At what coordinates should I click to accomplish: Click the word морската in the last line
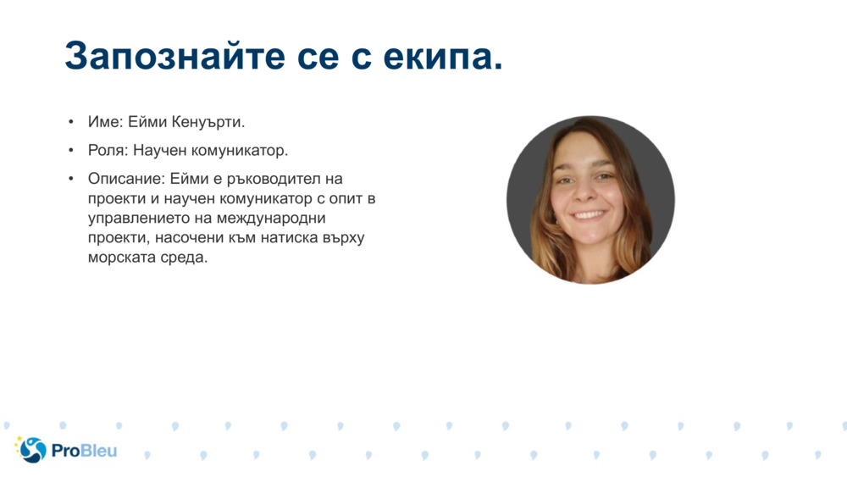(120, 257)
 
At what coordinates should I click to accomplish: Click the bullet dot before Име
(71, 122)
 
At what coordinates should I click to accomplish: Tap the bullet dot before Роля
(71, 151)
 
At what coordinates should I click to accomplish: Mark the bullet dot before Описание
(71, 179)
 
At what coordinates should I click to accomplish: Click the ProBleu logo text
(84, 451)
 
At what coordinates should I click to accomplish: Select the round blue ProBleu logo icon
(32, 450)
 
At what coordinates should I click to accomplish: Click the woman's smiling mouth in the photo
(590, 215)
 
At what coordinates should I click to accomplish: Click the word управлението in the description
(136, 218)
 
